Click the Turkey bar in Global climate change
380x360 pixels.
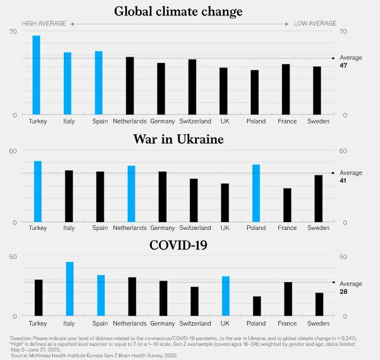click(37, 74)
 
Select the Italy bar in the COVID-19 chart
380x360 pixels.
click(69, 289)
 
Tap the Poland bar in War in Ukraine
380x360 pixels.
click(256, 193)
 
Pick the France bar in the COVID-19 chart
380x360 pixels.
click(288, 299)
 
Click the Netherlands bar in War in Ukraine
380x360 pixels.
click(131, 194)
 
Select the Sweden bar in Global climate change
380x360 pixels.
click(317, 90)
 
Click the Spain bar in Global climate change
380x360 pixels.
click(99, 83)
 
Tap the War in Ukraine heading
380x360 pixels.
click(178, 140)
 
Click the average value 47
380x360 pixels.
click(343, 65)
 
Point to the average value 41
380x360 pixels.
click(343, 180)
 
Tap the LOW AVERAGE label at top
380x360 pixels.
click(315, 24)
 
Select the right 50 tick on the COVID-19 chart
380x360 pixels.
click(343, 256)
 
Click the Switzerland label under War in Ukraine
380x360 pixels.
click(194, 228)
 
